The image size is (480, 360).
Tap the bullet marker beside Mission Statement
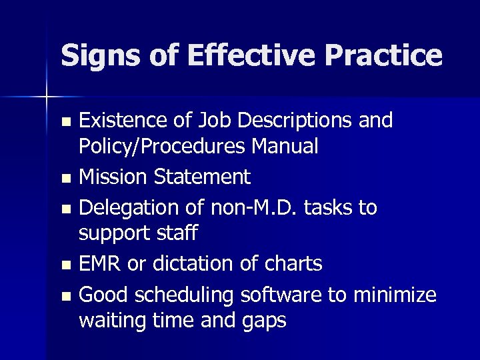point(64,179)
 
